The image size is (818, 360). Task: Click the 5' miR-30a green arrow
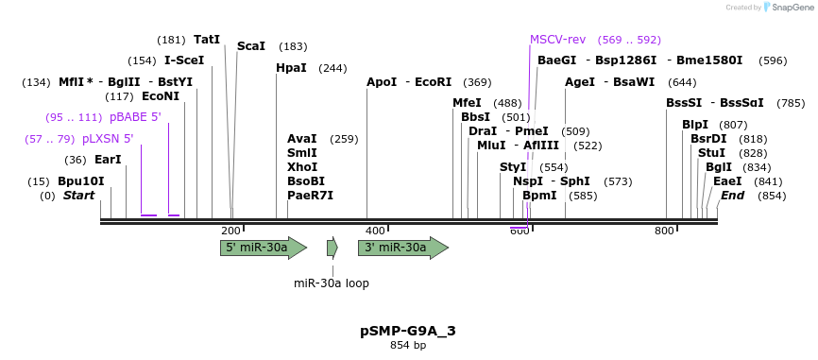pos(264,248)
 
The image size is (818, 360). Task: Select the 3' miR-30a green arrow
pos(402,248)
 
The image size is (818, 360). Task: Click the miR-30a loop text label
pos(332,283)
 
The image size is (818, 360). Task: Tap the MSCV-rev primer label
pos(557,40)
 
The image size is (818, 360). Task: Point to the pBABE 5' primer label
pos(135,117)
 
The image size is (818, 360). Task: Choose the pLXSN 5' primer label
pos(107,139)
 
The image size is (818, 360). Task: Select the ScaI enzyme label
pos(251,45)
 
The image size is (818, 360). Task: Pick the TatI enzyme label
pos(207,40)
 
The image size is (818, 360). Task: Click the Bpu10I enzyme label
pos(80,181)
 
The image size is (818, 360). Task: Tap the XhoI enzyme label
pos(302,166)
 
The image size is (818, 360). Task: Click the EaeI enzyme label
pos(727,181)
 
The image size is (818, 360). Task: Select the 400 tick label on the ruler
pos(375,231)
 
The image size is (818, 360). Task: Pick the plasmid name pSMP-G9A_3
pos(408,331)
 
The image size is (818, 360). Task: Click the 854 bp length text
pos(408,346)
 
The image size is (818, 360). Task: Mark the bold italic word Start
pos(79,196)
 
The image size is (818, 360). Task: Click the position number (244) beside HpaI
pos(332,68)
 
